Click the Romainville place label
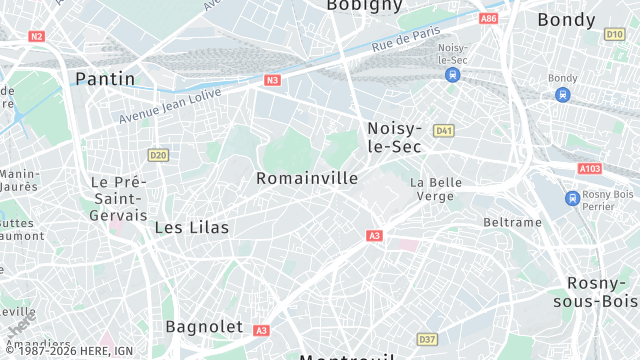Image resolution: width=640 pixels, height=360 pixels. click(x=307, y=178)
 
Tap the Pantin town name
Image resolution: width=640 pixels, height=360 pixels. click(x=105, y=78)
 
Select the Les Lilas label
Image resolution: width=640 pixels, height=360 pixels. click(x=191, y=228)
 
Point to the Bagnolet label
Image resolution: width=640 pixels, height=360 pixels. click(x=204, y=326)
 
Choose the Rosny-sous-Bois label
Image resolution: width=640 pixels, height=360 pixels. click(x=601, y=292)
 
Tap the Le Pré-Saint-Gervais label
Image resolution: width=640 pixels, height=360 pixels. click(x=118, y=198)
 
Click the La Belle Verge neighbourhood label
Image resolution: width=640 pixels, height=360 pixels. click(x=436, y=190)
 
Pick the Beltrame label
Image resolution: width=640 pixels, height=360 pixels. click(x=511, y=222)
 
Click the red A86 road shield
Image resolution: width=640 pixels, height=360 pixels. click(x=488, y=19)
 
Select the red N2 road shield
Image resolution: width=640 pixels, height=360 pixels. click(x=37, y=36)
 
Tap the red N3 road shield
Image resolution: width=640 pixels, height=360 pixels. click(x=272, y=79)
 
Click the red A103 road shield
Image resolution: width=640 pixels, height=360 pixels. click(x=589, y=169)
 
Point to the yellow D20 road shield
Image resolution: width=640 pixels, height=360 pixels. click(x=157, y=155)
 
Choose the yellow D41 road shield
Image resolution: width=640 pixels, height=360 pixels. click(x=445, y=130)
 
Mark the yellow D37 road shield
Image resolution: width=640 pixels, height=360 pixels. click(x=427, y=339)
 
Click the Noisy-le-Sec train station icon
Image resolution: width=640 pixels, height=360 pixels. click(x=453, y=74)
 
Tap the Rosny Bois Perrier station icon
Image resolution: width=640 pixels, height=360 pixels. click(x=572, y=198)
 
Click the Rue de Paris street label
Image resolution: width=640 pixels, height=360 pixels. click(x=406, y=41)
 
